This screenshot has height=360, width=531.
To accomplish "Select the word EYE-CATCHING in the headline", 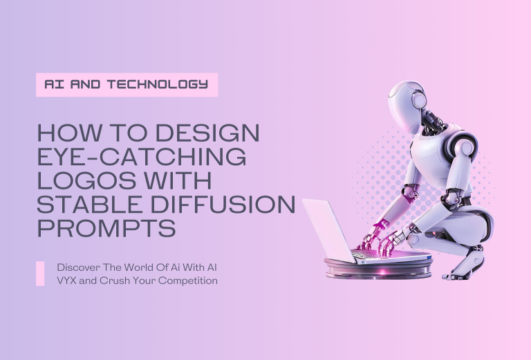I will pos(141,158).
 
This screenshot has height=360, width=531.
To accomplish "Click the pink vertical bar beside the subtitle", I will pos(40,274).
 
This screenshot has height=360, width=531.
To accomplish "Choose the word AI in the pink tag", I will pos(53,84).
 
